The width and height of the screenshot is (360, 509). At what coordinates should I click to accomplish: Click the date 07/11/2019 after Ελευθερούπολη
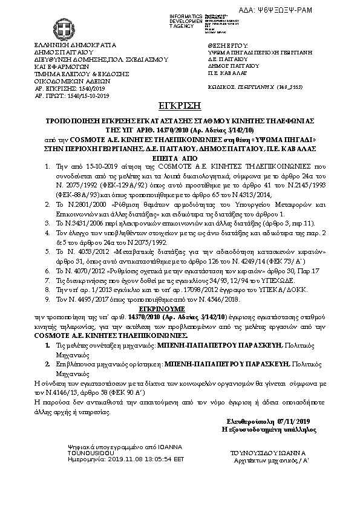click(293, 421)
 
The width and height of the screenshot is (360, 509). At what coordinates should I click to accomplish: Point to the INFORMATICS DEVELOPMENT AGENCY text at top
click(186, 20)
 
